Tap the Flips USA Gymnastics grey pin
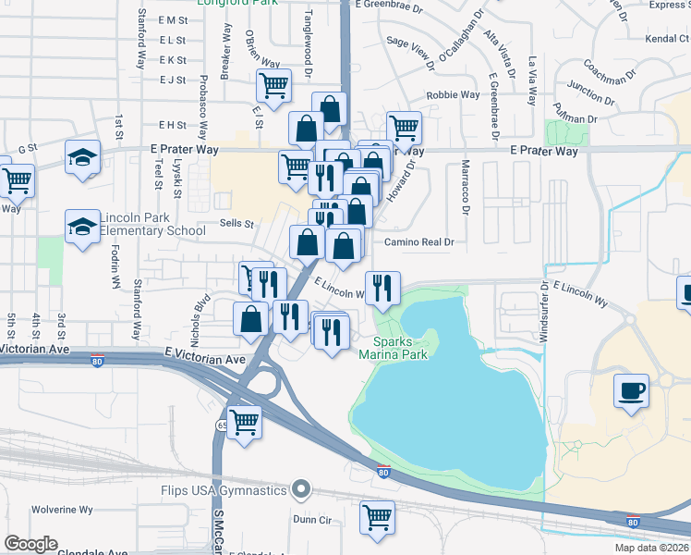[x=300, y=488]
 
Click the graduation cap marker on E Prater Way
[x=82, y=156]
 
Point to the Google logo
[x=30, y=544]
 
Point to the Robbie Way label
[x=453, y=95]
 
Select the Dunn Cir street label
[x=312, y=520]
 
